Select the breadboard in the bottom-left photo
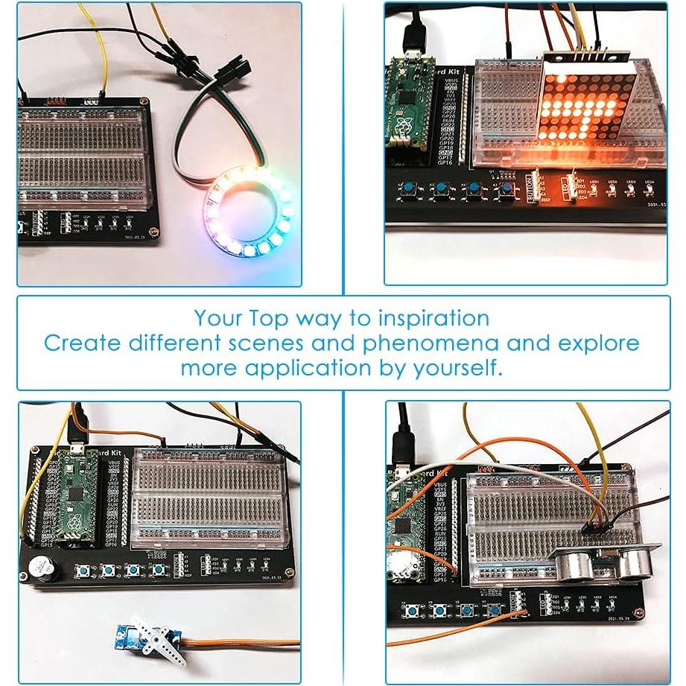coord(209,499)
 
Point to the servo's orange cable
coord(238,643)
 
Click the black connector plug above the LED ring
coord(222,72)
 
